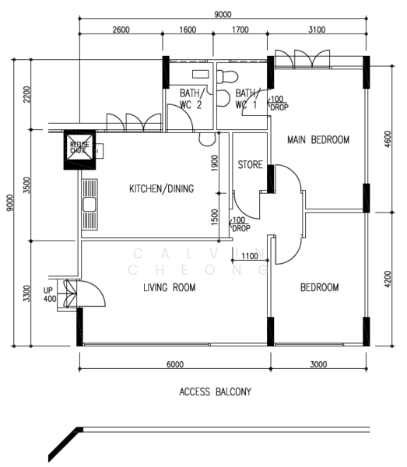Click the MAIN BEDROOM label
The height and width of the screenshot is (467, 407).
click(318, 140)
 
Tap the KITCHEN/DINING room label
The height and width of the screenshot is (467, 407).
click(161, 188)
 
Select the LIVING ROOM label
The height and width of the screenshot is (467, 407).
click(169, 288)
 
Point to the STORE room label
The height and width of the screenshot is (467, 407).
click(250, 164)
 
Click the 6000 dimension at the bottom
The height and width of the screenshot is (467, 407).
click(174, 364)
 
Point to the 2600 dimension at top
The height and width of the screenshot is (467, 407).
click(121, 30)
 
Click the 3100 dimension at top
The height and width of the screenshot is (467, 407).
click(317, 30)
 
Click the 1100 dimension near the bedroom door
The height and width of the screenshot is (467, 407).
click(250, 256)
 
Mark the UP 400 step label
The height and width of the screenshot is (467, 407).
click(51, 293)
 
